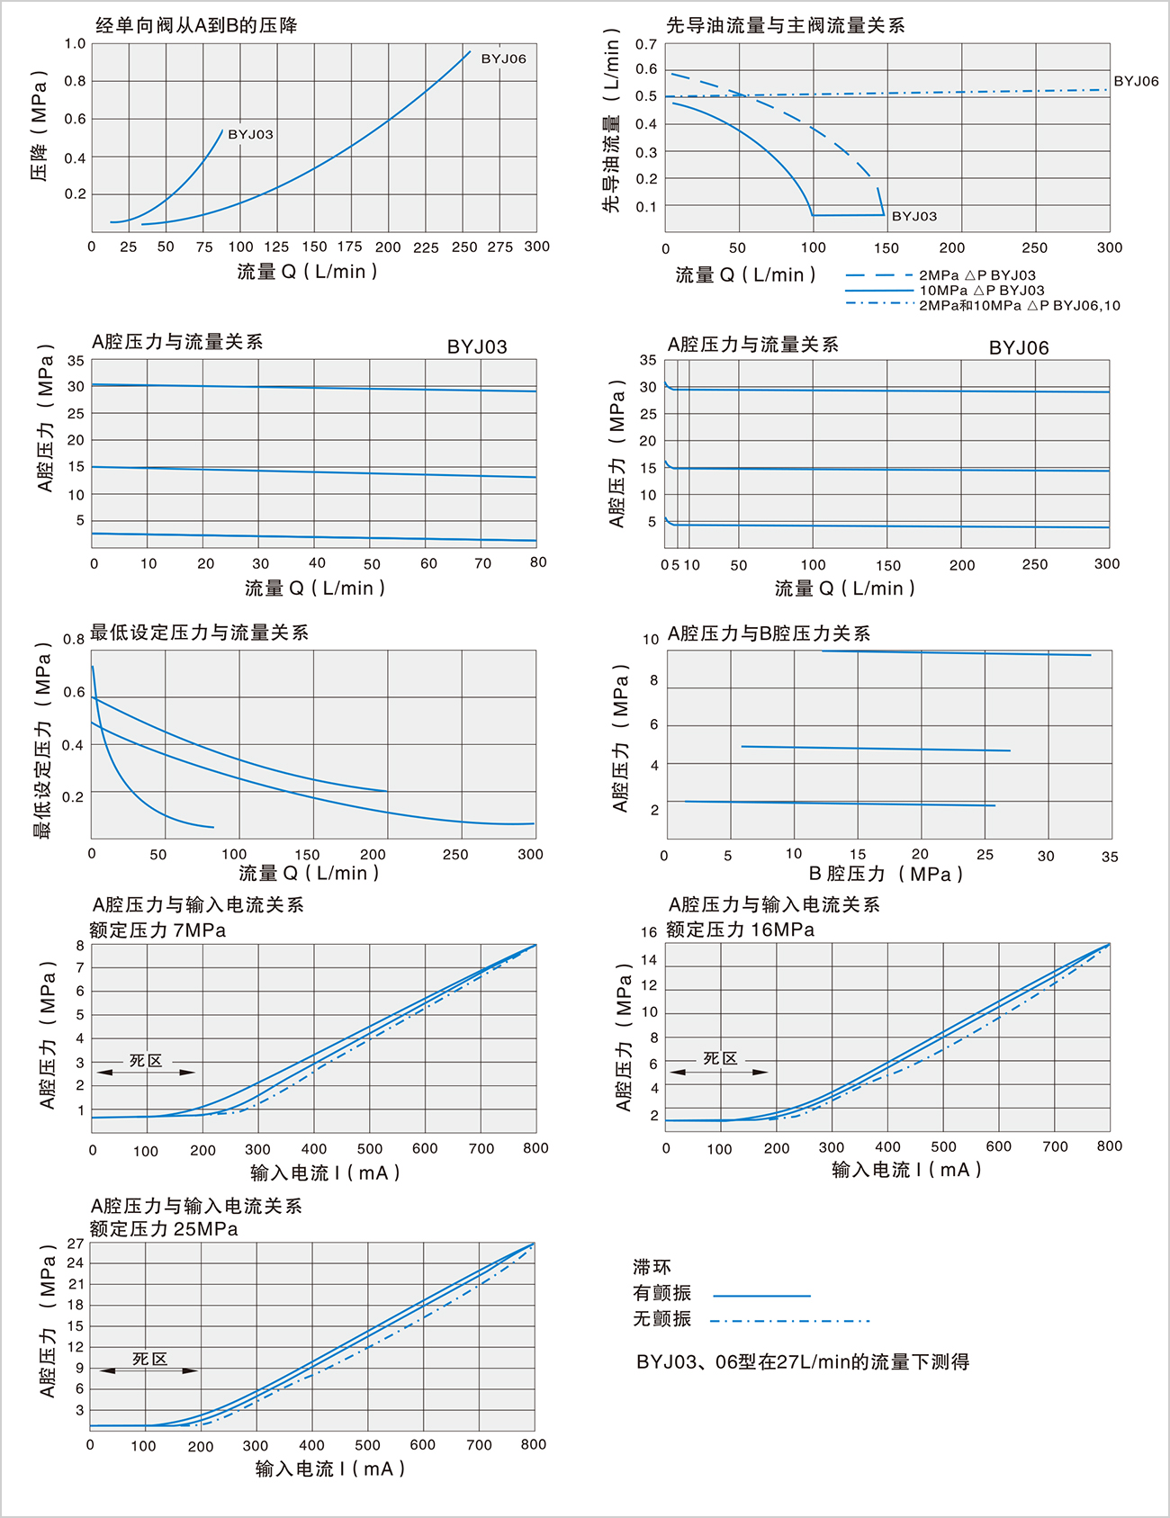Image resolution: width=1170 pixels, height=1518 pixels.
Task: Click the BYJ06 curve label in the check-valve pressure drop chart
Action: coord(503,59)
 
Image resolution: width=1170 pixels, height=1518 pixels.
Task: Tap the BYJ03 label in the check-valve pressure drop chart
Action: coord(250,135)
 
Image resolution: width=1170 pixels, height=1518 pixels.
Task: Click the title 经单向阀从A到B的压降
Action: coord(196,25)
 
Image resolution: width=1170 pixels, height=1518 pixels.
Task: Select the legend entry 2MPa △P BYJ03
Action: coord(976,275)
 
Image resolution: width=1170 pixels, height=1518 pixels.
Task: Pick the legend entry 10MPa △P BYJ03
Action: coord(981,291)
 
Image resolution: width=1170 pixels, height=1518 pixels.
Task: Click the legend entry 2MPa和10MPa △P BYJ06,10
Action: coord(1019,306)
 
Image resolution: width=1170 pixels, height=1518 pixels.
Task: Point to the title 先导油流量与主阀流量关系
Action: coord(785,25)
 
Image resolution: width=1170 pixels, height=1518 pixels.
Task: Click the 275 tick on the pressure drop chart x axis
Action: coord(499,247)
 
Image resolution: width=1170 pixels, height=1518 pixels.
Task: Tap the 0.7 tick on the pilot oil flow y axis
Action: coord(646,44)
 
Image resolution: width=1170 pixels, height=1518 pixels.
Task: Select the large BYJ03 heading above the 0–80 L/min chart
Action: coord(477,347)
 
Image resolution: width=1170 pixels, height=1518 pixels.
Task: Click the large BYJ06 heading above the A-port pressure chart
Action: coord(1019,348)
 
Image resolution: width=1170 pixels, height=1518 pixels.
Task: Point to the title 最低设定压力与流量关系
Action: coord(199,633)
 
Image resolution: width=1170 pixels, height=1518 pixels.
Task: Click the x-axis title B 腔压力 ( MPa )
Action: coord(886,874)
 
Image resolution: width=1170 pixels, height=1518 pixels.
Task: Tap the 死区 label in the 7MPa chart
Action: coord(146,1061)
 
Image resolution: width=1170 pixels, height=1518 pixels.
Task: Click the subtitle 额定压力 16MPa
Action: coord(740,930)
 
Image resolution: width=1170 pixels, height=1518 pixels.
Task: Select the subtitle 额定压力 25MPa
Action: coord(164,1229)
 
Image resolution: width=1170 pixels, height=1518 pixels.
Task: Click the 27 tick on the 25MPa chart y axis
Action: coord(76,1244)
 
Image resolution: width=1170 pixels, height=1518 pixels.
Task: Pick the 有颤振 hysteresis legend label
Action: coord(661,1293)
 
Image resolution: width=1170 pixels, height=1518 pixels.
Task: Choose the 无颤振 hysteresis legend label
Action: coord(661,1318)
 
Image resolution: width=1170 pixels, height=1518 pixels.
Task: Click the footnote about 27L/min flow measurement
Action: coord(803,1362)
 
